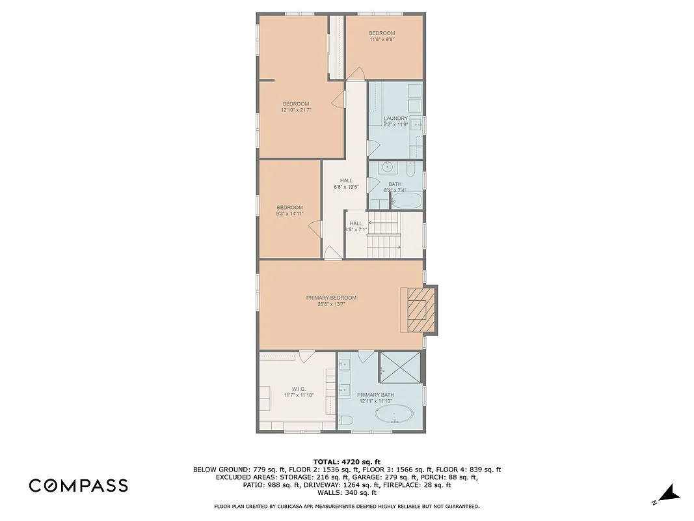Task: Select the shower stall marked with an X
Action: coord(401,369)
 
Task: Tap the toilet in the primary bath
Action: coord(345,422)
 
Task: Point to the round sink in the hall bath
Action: coord(388,167)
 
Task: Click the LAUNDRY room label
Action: coord(395,118)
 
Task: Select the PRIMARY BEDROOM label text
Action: coord(331,298)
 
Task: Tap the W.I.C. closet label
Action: coord(299,389)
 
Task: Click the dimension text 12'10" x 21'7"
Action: coord(295,110)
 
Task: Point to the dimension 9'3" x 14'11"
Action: coord(289,214)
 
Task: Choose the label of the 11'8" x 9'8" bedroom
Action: coord(382,33)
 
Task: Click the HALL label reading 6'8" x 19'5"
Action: coord(346,181)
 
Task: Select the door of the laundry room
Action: coord(372,148)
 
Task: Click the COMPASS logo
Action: coord(78,485)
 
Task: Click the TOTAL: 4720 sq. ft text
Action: coord(346,461)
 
